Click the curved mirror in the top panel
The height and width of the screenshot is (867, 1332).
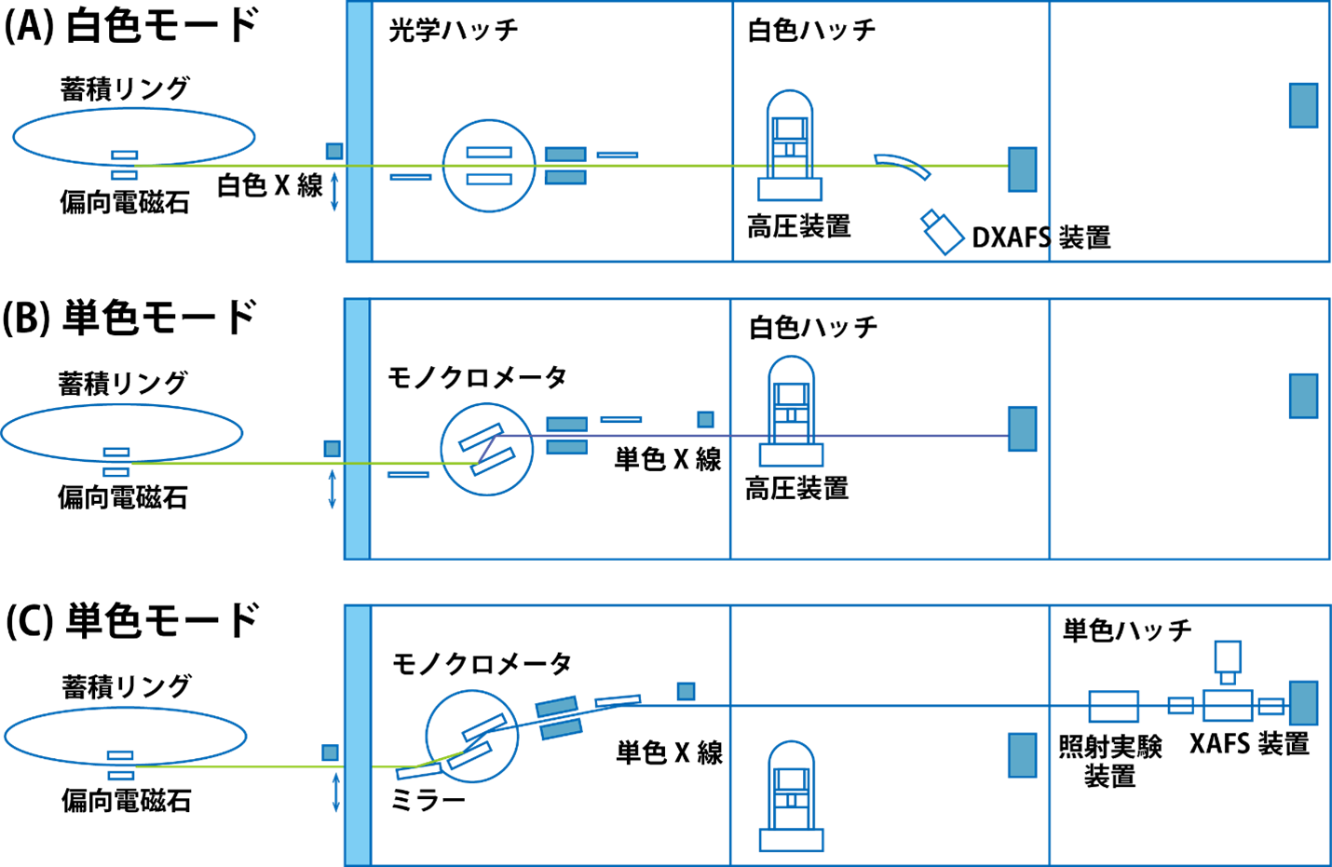(x=902, y=164)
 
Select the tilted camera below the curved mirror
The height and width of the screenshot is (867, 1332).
(x=943, y=232)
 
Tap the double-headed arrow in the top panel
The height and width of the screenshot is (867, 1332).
(x=334, y=191)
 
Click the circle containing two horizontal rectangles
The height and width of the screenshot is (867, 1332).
(x=488, y=165)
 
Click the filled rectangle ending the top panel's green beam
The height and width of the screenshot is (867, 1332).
(x=1022, y=169)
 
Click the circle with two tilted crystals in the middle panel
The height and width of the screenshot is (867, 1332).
(x=486, y=449)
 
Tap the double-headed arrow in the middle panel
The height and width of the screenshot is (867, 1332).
(x=333, y=489)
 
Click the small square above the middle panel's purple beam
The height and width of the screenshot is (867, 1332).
(x=705, y=419)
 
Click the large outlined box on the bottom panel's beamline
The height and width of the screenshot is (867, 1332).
(x=1113, y=707)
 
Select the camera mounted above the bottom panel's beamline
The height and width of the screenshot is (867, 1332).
(x=1228, y=658)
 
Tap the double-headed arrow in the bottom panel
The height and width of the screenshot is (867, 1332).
(x=335, y=792)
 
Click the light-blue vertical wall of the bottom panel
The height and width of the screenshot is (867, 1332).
(x=358, y=736)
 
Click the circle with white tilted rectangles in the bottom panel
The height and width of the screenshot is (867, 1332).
(x=471, y=736)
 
